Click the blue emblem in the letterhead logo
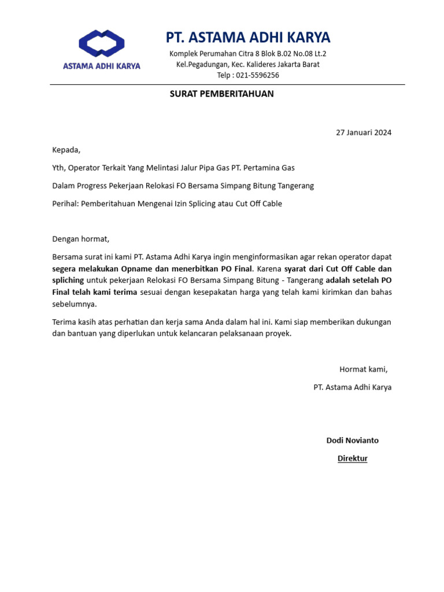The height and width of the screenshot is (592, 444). [102, 45]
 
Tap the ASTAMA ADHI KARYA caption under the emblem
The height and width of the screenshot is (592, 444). [102, 66]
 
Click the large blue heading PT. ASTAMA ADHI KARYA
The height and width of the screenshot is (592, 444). [248, 38]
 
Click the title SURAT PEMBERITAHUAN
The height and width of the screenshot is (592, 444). [221, 94]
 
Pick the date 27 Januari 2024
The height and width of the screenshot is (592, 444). [364, 132]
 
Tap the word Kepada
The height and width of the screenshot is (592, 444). [66, 150]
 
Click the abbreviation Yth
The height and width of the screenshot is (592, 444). [58, 168]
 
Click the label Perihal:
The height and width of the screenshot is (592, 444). [66, 203]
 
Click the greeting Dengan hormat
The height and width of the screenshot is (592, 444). [80, 239]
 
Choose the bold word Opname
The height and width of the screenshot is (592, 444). [136, 269]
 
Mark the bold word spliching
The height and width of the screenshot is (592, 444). [68, 280]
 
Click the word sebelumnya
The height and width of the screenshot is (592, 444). [75, 304]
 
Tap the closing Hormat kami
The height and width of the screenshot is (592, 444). [363, 369]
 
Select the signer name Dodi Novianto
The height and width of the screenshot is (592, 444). [353, 440]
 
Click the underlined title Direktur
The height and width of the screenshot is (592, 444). [353, 458]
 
